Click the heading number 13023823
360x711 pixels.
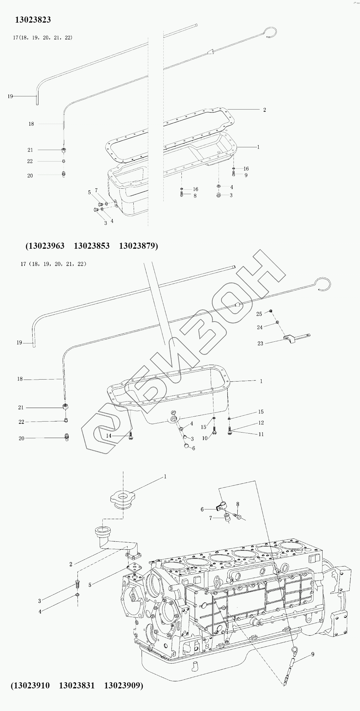pyautogui.click(x=33, y=20)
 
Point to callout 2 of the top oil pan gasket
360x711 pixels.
pyautogui.click(x=264, y=110)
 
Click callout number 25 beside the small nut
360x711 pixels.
pyautogui.click(x=259, y=314)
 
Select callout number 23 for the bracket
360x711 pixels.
pyautogui.click(x=260, y=343)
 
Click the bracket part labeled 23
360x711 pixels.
pyautogui.click(x=291, y=338)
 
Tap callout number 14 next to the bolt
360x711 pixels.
pyautogui.click(x=109, y=436)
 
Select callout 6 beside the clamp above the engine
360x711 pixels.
pyautogui.click(x=202, y=509)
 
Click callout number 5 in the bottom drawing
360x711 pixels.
pyautogui.click(x=90, y=584)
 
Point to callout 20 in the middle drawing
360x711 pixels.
pyautogui.click(x=21, y=438)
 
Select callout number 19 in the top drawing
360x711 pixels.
pyautogui.click(x=10, y=96)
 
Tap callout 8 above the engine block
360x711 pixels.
pyautogui.click(x=238, y=504)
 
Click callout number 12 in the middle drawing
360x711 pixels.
pyautogui.click(x=261, y=423)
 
